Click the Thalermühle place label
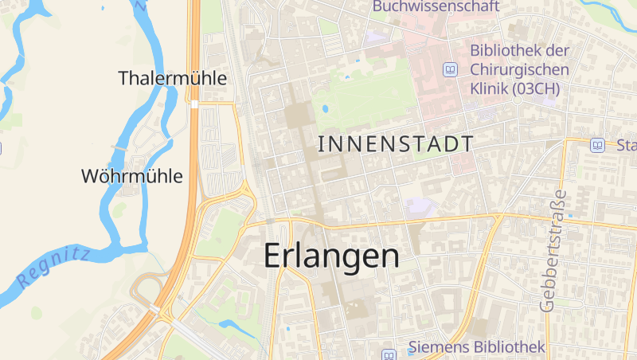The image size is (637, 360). click(x=173, y=78)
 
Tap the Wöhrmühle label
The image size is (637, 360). click(x=132, y=176)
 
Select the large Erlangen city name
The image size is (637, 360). click(x=331, y=256)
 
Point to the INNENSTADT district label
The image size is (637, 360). click(x=396, y=144)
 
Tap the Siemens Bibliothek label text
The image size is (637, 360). click(x=477, y=346)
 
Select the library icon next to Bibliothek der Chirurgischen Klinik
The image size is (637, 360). click(x=451, y=70)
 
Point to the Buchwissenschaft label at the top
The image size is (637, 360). click(x=436, y=7)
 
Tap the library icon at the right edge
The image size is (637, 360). click(x=597, y=145)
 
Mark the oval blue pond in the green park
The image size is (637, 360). click(x=325, y=109)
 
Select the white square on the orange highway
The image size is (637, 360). click(x=194, y=104)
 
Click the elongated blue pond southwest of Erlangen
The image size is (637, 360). click(x=237, y=327)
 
